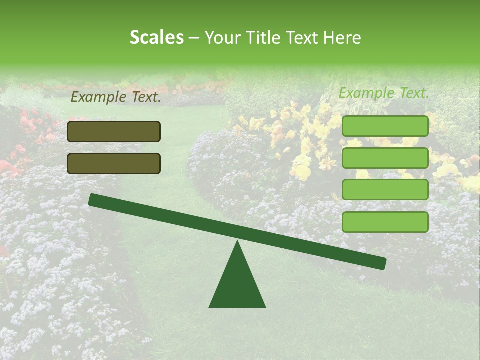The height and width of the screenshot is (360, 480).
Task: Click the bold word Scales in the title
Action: tap(157, 37)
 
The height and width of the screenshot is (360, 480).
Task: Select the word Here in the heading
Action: tap(342, 37)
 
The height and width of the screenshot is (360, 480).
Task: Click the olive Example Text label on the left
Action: tap(116, 97)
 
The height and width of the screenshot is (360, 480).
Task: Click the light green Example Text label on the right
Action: tap(384, 93)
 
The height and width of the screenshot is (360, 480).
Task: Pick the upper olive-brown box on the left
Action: tap(114, 131)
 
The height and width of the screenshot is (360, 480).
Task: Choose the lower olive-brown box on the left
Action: tap(114, 163)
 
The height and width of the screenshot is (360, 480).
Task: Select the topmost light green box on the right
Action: tap(385, 126)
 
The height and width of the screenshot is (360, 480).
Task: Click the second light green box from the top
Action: tap(385, 158)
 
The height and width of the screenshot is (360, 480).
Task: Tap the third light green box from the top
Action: tap(385, 190)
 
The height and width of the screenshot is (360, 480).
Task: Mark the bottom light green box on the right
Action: tap(385, 222)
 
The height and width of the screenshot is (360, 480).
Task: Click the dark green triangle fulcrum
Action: tap(237, 285)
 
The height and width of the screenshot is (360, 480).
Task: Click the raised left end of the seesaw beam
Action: tap(95, 200)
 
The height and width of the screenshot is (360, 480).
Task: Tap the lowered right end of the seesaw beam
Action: tap(380, 263)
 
